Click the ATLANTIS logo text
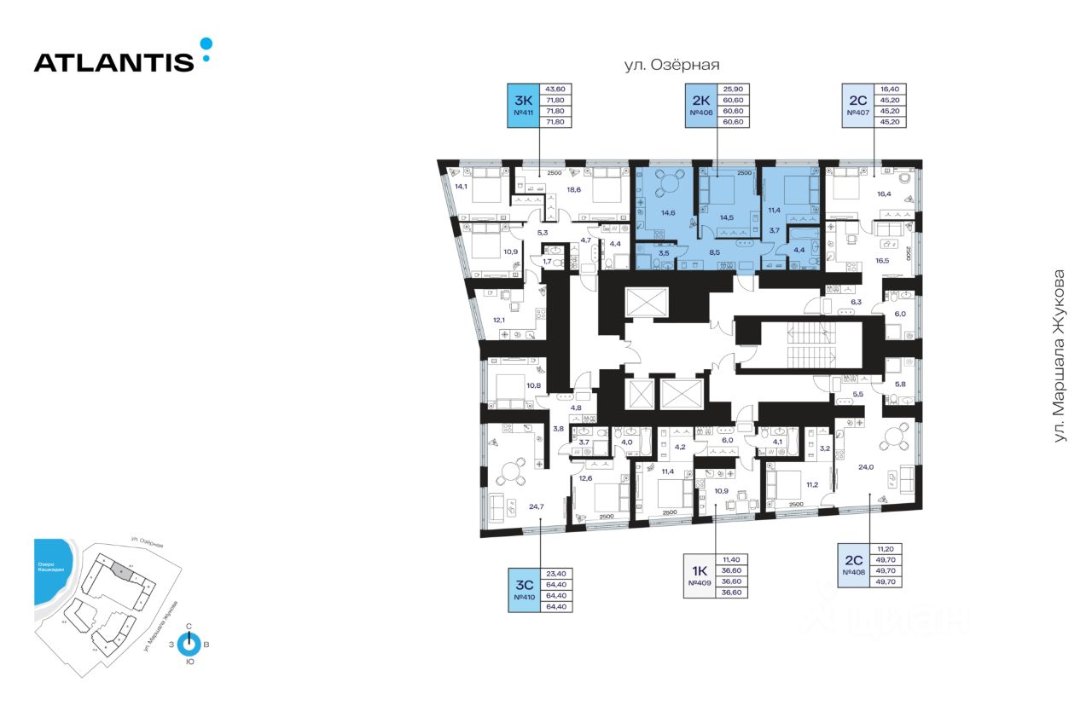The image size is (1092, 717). (x=113, y=61)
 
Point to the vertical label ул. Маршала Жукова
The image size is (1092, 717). (x=1060, y=356)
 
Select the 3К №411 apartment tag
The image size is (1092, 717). (x=522, y=106)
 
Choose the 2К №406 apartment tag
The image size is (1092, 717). (x=700, y=106)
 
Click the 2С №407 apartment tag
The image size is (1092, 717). (x=858, y=106)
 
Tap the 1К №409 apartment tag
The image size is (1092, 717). (x=702, y=575)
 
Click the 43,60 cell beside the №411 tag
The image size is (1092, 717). (x=555, y=89)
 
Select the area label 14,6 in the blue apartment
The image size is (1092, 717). (x=668, y=212)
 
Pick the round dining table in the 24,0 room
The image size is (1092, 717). (x=897, y=437)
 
